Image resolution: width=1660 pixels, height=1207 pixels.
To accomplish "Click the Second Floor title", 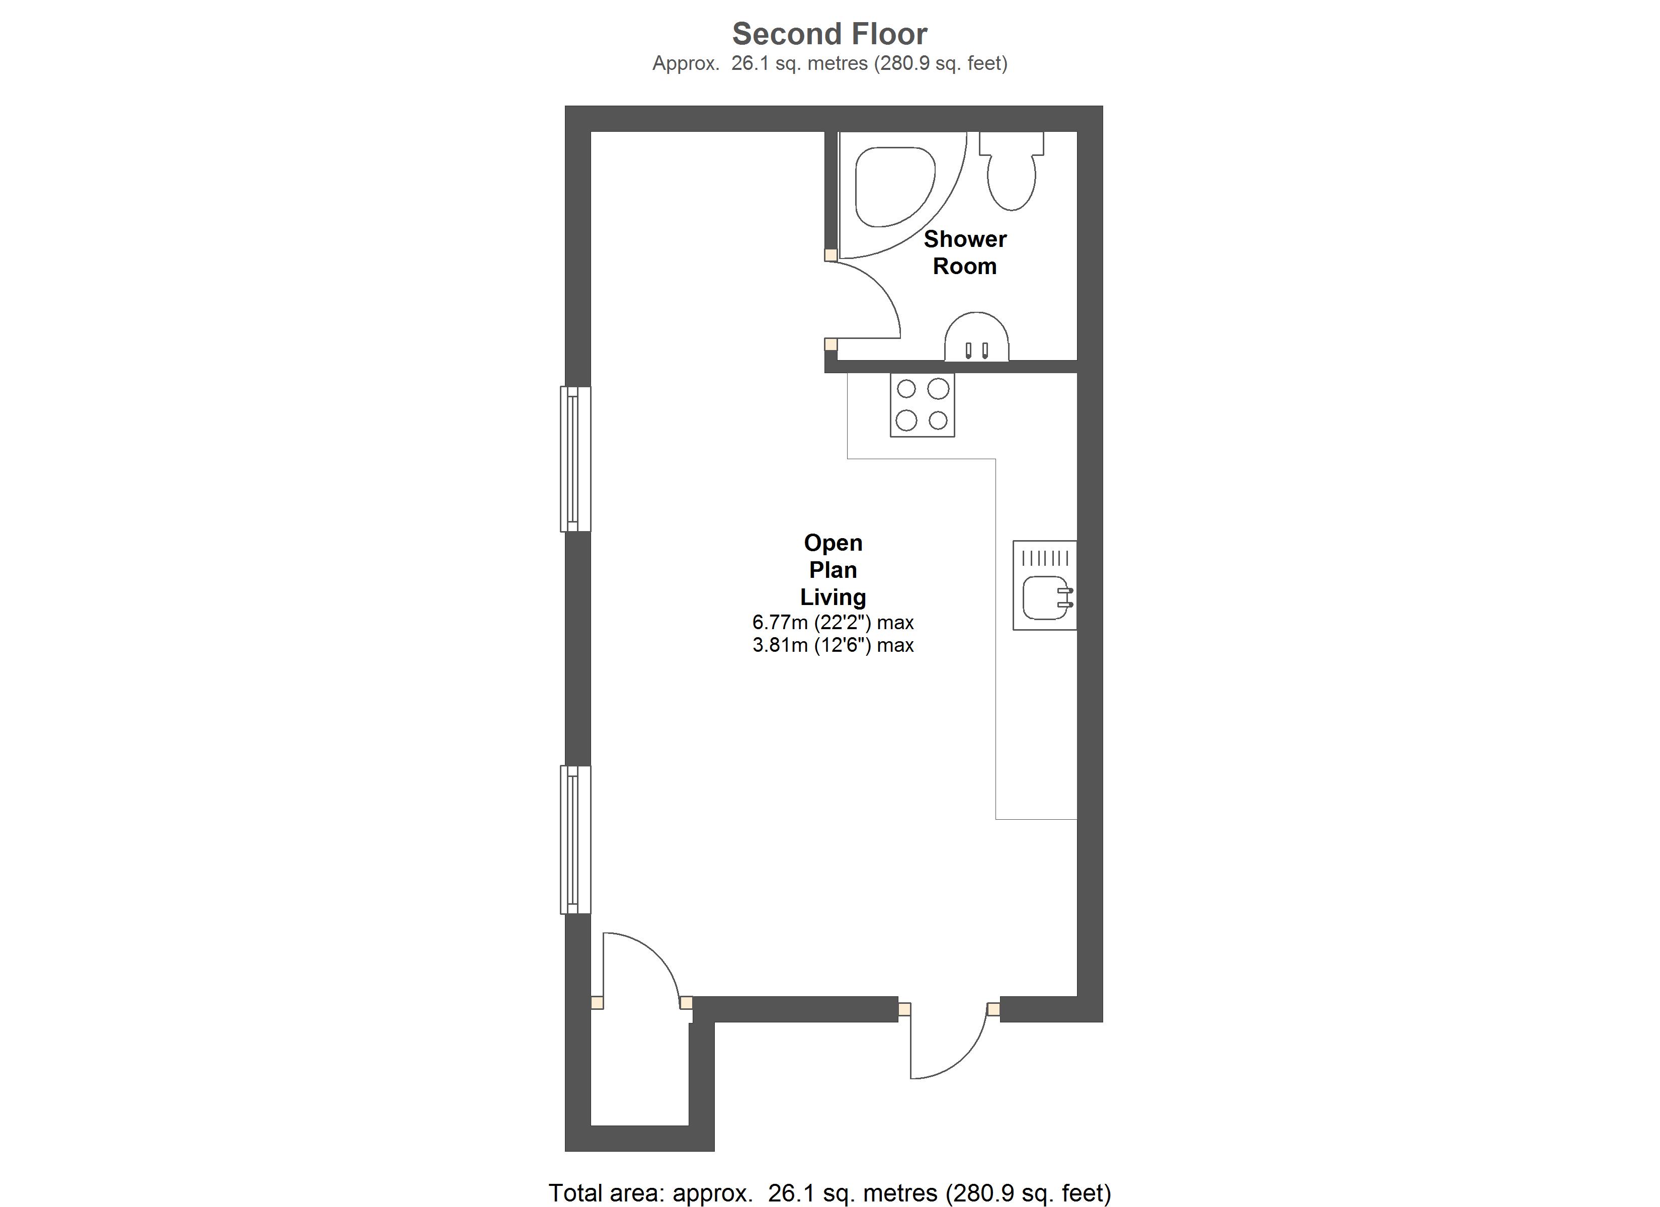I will (829, 34).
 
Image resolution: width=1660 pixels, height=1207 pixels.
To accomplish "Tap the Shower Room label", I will (965, 252).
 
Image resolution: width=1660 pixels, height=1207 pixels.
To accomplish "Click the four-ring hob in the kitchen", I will (922, 405).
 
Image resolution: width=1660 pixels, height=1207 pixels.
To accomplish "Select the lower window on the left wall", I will (575, 839).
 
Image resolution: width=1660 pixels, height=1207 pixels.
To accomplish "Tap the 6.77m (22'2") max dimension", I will (833, 622).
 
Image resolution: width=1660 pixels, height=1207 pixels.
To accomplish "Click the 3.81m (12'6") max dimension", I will (833, 645).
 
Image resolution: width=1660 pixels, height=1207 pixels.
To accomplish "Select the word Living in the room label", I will (833, 596).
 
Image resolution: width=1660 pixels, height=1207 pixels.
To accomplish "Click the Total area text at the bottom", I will (829, 1193).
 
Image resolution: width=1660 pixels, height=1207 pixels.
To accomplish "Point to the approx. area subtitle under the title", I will (829, 64).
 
